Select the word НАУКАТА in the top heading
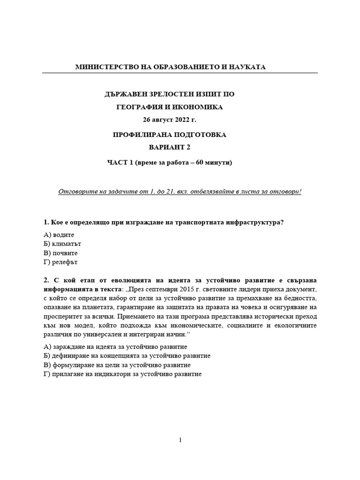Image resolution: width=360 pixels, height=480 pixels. pos(247,67)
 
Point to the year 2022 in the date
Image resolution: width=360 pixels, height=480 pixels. pos(182,121)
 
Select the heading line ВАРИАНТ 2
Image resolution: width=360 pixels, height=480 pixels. pos(170,148)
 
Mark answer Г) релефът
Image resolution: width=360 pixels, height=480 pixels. pos(62,262)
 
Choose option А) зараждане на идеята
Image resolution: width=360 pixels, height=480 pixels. pos(115,347)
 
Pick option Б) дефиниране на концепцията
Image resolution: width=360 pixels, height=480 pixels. pos(126,356)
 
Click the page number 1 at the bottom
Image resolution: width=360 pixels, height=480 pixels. pos(180,440)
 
